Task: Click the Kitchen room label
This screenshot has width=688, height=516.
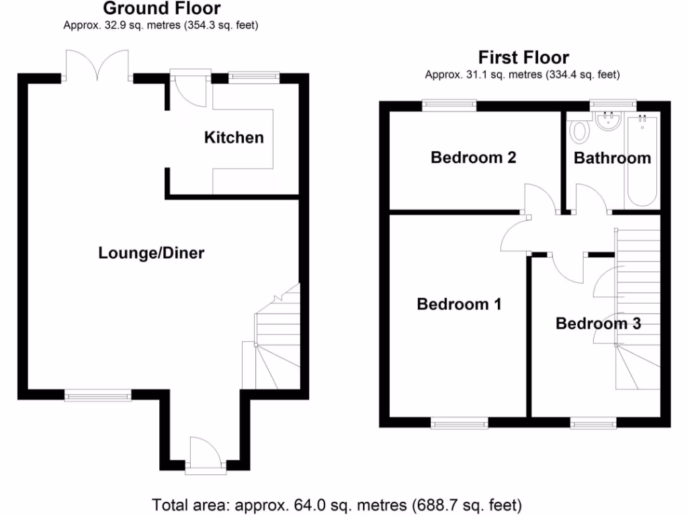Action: pyautogui.click(x=234, y=138)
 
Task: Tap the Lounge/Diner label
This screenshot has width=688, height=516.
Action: pyautogui.click(x=151, y=253)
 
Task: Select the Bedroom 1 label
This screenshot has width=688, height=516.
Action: pyautogui.click(x=459, y=304)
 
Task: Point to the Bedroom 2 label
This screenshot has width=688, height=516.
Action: pyautogui.click(x=473, y=158)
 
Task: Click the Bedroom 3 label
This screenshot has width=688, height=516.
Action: pyautogui.click(x=598, y=324)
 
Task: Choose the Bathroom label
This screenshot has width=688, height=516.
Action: pyautogui.click(x=612, y=158)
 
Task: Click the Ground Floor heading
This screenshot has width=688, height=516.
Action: pyautogui.click(x=161, y=9)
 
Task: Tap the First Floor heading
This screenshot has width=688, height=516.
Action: pyautogui.click(x=523, y=57)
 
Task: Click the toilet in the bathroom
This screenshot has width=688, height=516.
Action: pyautogui.click(x=578, y=130)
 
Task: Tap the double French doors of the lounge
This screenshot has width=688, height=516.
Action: pyautogui.click(x=98, y=67)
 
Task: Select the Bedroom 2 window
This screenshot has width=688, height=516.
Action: pyautogui.click(x=449, y=104)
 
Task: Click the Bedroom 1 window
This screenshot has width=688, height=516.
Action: pyautogui.click(x=460, y=423)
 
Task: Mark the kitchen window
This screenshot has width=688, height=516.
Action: pyautogui.click(x=254, y=77)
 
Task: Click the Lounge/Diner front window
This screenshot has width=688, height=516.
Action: pyautogui.click(x=98, y=396)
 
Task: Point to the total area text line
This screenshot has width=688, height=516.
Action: pyautogui.click(x=337, y=504)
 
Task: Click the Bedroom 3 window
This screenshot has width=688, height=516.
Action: pyautogui.click(x=593, y=423)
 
